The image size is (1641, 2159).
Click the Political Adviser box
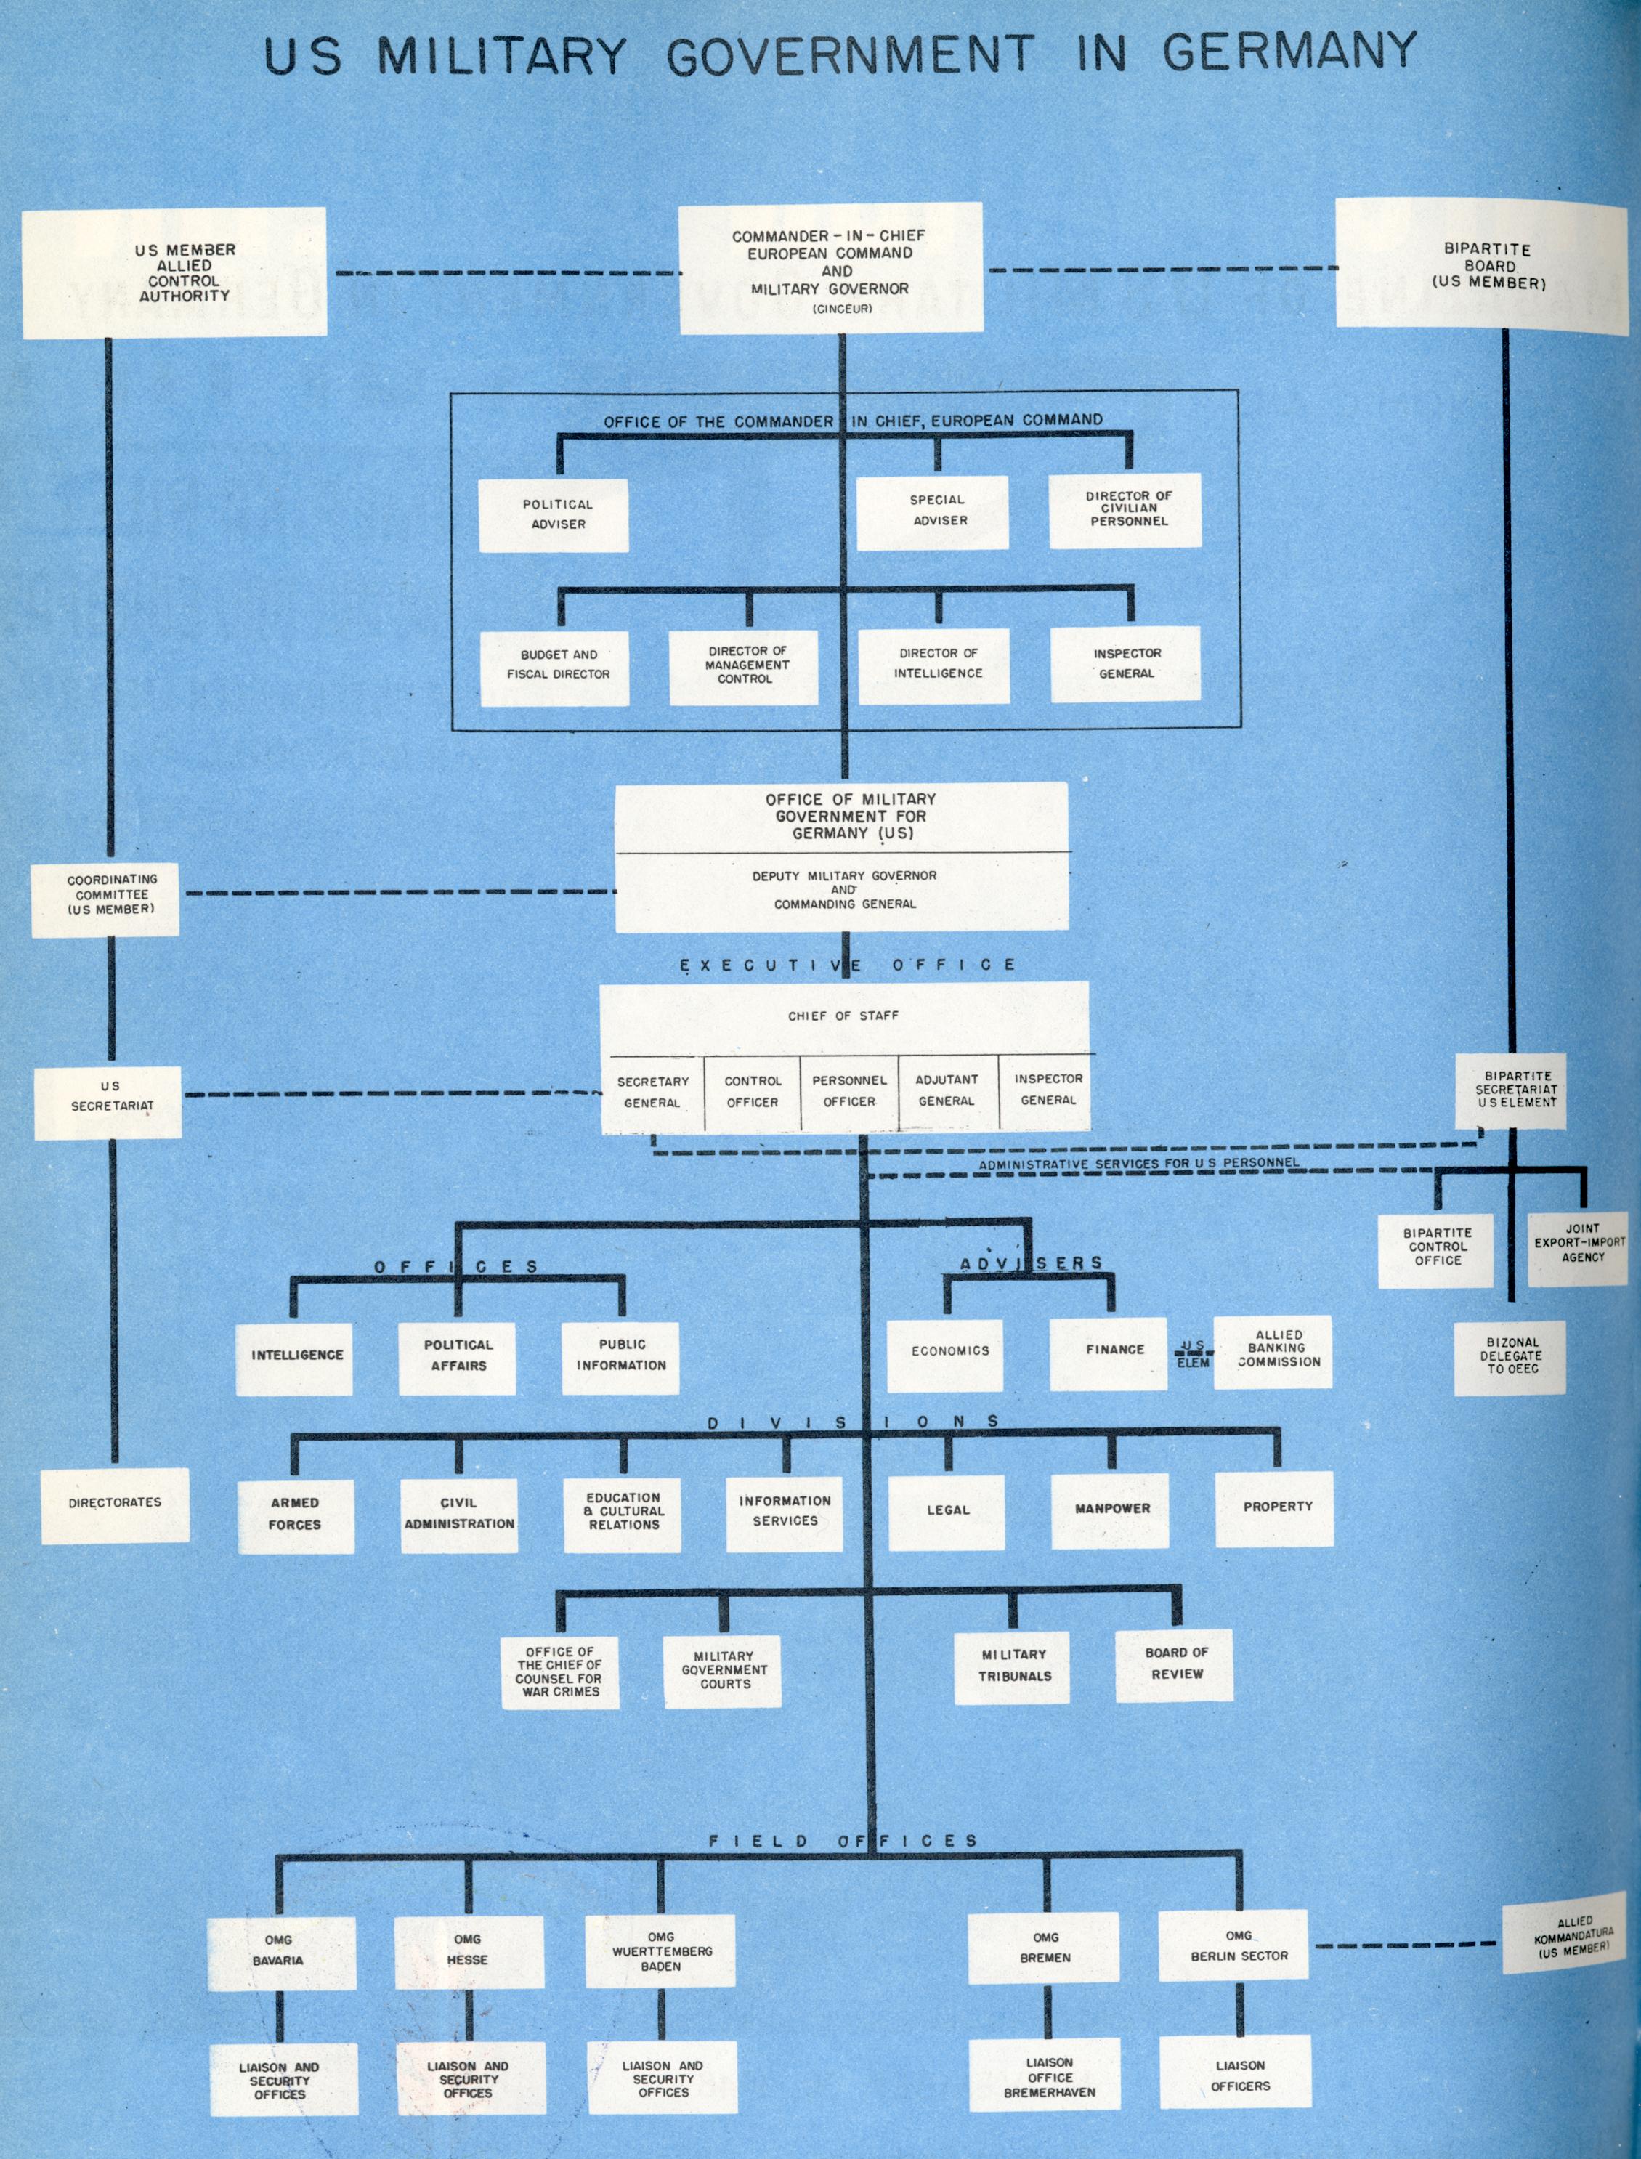(x=553, y=515)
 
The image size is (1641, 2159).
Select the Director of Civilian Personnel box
(x=1125, y=510)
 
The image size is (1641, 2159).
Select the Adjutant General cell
(x=947, y=1091)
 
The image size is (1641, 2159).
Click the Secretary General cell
(x=652, y=1092)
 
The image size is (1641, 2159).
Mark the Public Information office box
(x=621, y=1355)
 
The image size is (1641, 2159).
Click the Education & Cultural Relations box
(x=623, y=1510)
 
